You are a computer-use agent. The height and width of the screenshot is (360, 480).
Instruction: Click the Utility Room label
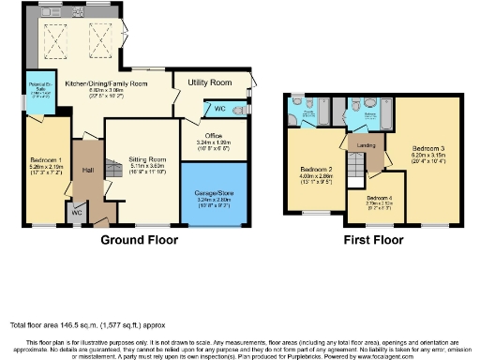pyautogui.click(x=208, y=83)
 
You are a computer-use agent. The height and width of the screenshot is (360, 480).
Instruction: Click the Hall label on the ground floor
pyautogui.click(x=88, y=170)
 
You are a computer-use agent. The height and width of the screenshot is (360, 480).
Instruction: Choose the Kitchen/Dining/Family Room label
pyautogui.click(x=107, y=83)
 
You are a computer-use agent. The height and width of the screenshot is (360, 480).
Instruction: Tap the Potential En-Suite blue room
pyautogui.click(x=38, y=91)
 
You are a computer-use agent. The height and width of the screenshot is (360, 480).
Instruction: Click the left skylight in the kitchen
pyautogui.click(x=53, y=38)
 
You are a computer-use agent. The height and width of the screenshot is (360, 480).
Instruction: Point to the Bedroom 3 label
pyautogui.click(x=427, y=148)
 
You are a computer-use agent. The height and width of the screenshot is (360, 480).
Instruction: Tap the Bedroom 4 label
pyautogui.click(x=378, y=198)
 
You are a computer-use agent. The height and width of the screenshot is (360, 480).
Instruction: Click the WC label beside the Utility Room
pyautogui.click(x=206, y=109)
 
